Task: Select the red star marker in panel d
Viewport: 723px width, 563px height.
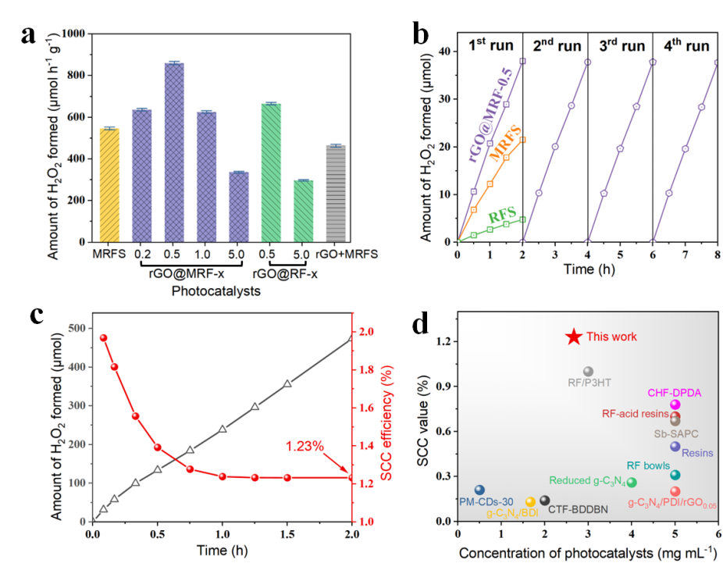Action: pyautogui.click(x=574, y=337)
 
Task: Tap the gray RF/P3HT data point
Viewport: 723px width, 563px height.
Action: pyautogui.click(x=588, y=372)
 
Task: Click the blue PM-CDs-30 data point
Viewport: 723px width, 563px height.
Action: pyautogui.click(x=479, y=490)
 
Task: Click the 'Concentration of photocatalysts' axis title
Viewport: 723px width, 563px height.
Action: pyautogui.click(x=586, y=552)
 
